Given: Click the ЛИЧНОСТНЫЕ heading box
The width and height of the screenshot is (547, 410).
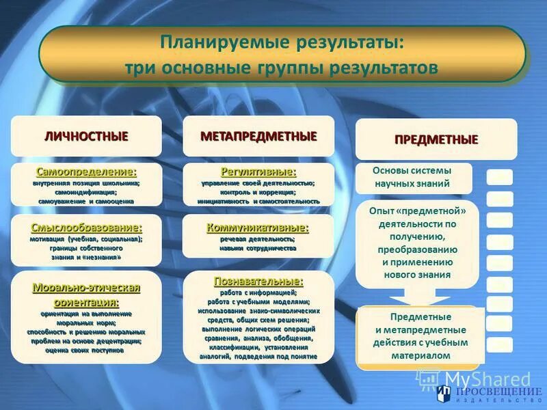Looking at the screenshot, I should coord(86,136).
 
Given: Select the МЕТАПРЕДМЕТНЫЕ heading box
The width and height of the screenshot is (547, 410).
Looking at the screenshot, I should coord(258,136).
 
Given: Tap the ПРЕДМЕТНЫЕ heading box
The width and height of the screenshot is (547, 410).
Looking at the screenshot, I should coord(436,139).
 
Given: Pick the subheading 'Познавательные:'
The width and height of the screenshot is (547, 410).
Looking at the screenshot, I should coord(258,281).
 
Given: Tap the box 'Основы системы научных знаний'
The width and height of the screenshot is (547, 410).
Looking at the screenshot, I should coord(412,177).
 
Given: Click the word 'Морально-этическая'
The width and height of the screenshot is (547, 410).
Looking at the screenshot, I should coord(86,288).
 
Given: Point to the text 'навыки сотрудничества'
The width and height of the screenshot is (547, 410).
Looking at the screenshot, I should coord(258,249).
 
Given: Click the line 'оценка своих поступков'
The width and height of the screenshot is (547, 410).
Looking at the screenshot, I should coord(86,349).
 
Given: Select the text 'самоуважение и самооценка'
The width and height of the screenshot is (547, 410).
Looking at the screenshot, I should coord(86,202).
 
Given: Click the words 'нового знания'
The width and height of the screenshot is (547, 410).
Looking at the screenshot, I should coord(416,275).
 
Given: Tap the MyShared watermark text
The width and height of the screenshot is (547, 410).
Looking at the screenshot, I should coord(487,379).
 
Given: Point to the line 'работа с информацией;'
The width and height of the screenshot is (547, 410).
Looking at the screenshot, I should coord(258,292).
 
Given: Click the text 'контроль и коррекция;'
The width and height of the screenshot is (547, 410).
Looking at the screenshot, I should coord(258,193).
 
